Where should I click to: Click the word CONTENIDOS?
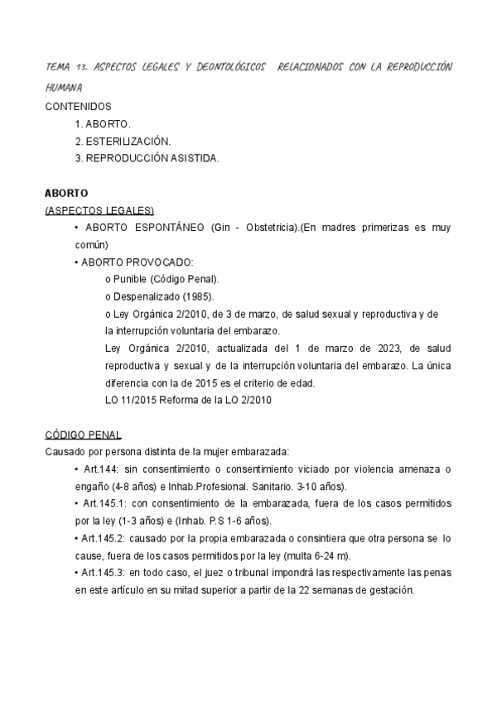[78, 106]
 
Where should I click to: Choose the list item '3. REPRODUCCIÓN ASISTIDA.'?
[147, 159]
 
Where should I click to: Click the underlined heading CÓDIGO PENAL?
[83, 434]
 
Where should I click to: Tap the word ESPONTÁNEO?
[165, 228]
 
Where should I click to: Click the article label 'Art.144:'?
[100, 469]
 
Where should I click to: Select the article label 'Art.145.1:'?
[104, 503]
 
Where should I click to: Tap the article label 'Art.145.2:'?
[104, 538]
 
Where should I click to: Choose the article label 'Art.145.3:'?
[104, 573]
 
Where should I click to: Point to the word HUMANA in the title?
[64, 86]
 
